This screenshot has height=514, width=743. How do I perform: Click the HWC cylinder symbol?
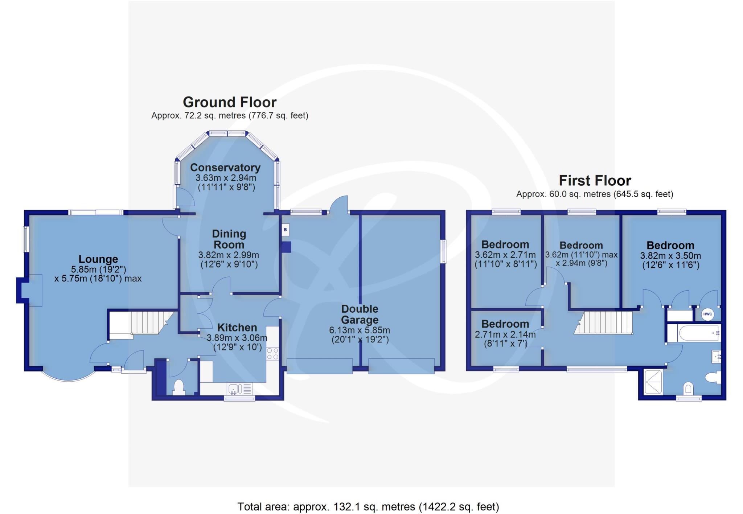point(707,314)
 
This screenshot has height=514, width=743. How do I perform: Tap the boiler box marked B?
point(285,230)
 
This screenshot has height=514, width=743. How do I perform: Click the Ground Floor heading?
point(229,102)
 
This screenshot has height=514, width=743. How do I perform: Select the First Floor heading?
point(595,180)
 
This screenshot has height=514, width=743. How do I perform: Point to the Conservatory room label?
point(225,168)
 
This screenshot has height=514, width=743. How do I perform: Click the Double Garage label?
point(360,314)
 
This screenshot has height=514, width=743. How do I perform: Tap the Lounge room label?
point(98,259)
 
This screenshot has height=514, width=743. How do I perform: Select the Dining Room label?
point(229,239)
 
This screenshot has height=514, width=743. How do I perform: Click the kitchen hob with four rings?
point(272,354)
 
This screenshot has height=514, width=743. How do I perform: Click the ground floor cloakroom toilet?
point(178,387)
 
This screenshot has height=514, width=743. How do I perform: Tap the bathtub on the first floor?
point(699,333)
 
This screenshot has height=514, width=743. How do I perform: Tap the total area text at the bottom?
point(368,506)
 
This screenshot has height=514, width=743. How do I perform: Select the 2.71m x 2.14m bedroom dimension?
point(505,334)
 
